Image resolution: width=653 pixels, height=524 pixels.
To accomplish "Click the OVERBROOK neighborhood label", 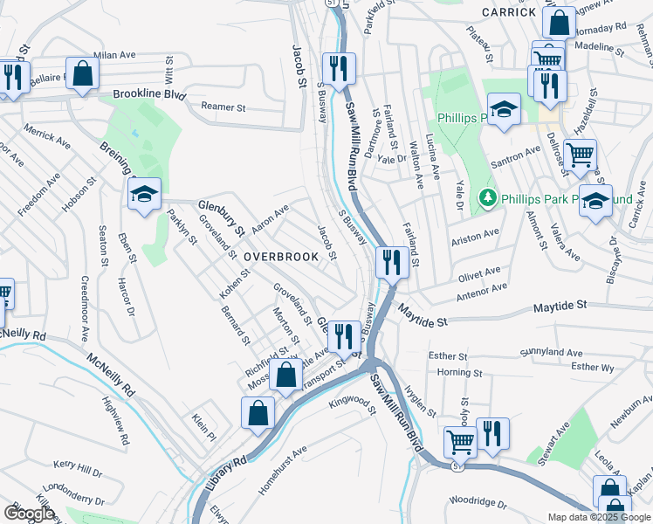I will click(x=281, y=257).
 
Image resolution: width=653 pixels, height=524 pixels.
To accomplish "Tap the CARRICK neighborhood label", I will click(x=507, y=12).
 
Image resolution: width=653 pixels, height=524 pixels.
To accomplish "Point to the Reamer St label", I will click(x=223, y=107).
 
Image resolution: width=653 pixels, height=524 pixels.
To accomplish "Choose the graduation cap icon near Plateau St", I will click(x=503, y=109).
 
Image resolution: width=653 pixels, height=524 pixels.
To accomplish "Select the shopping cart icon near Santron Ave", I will click(x=580, y=155).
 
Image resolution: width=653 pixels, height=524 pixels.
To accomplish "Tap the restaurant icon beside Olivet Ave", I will click(x=389, y=260).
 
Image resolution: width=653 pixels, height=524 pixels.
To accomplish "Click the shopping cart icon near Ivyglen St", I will click(x=459, y=441).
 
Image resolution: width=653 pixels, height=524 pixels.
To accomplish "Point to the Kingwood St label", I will click(x=351, y=404).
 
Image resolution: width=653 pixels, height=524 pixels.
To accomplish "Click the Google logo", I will click(x=29, y=513).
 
